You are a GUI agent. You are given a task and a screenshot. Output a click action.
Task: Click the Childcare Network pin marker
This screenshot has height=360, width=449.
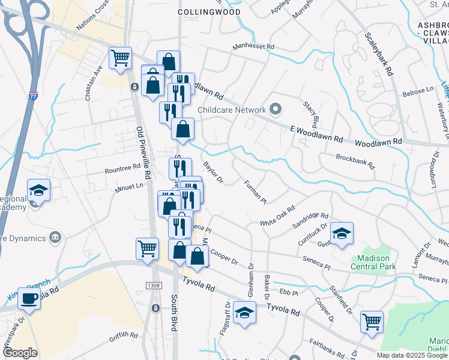click(x=276, y=109)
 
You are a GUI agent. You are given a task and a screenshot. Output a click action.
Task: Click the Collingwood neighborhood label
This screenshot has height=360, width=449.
click(x=209, y=12)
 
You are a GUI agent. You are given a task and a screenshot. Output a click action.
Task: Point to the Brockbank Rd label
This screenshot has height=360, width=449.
click(x=355, y=161)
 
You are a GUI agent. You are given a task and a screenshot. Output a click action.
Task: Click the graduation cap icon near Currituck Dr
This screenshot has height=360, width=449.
click(x=342, y=233)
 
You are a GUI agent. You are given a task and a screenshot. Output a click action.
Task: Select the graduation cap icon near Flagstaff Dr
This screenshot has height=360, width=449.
click(x=244, y=313)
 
